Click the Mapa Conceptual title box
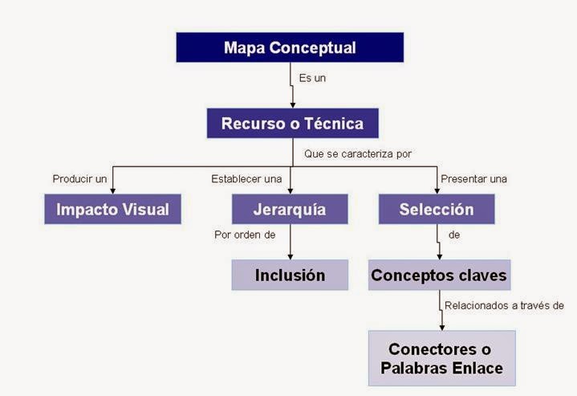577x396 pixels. coord(289,47)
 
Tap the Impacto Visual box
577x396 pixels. coord(112,210)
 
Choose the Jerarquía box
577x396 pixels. coord(290,210)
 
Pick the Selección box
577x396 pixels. coord(437,210)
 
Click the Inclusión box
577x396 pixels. coord(290,275)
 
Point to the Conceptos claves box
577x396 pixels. coord(438,275)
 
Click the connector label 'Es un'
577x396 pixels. coord(312,79)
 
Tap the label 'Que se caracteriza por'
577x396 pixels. coord(357,153)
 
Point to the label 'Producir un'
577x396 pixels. coord(79,178)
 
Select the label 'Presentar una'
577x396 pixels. coord(473,178)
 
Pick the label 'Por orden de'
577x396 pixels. coord(245,235)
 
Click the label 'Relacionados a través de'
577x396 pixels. coord(505,305)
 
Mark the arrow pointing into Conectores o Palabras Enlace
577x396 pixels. coord(442,317)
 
